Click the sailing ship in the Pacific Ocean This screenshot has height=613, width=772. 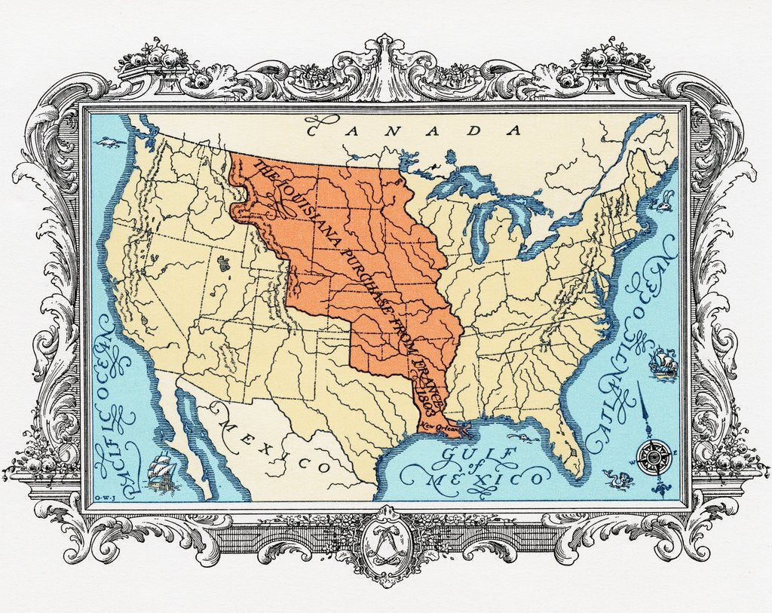pos(162,470)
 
